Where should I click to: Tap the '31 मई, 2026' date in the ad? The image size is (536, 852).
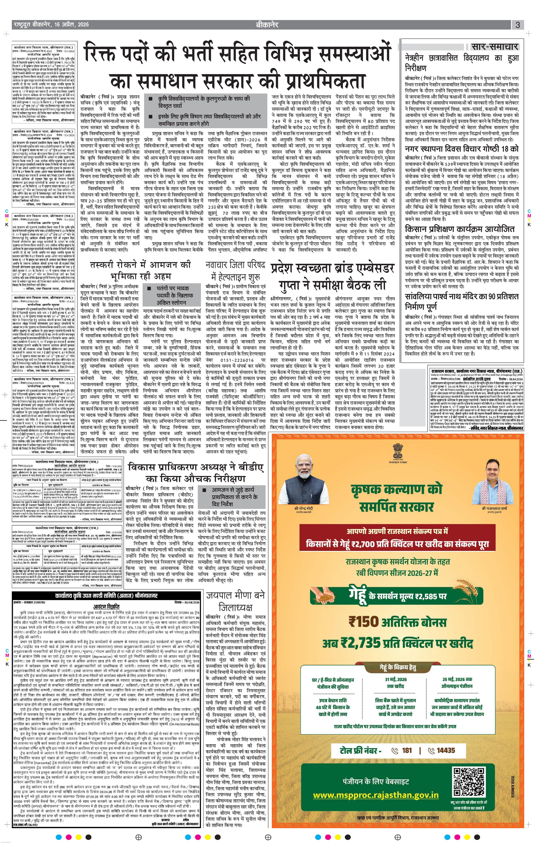(x=396, y=679)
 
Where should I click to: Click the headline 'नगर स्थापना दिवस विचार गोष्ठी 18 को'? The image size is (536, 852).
(x=462, y=149)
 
